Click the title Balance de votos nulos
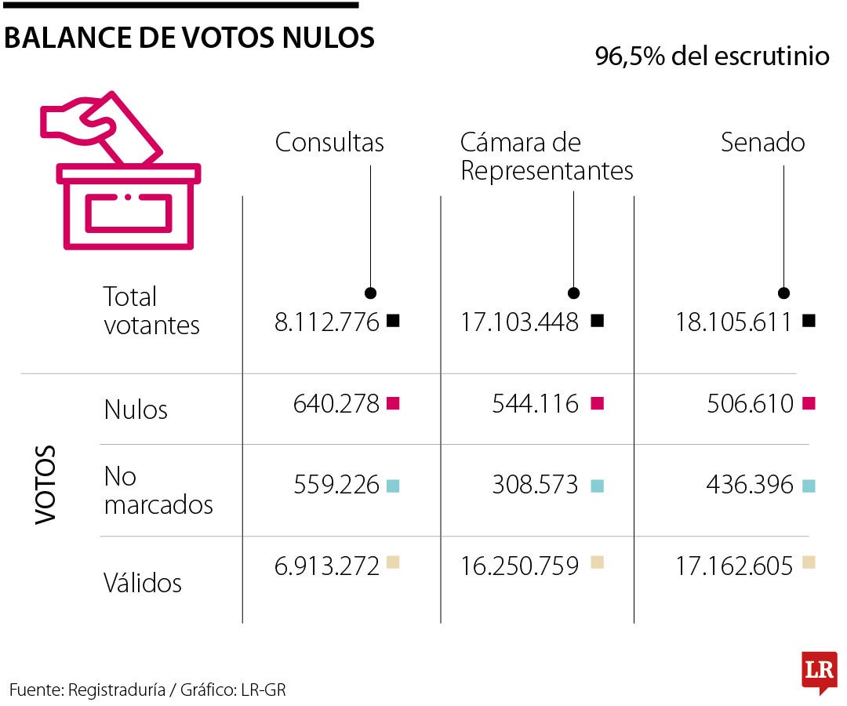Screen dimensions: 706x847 coord(189,37)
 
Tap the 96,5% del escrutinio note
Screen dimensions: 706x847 coord(712,56)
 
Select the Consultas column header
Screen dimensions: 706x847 coord(329,142)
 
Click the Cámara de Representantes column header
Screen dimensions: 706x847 coord(546,157)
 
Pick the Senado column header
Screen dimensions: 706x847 coord(762,142)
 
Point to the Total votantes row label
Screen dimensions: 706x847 coord(151,311)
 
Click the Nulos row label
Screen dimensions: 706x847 coord(136,409)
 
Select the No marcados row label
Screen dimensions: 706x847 coord(158,490)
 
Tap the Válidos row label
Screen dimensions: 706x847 coord(143,583)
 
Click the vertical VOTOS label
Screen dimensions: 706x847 coord(46,484)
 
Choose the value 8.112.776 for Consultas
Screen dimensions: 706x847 coord(326,322)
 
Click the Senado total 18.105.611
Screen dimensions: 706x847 coord(734,322)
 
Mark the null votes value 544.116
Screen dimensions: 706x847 coord(535,404)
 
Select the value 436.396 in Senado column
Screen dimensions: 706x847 coord(750,486)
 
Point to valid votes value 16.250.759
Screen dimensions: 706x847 coord(519,566)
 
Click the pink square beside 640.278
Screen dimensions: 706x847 coord(394,403)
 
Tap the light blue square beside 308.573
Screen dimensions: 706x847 coord(597,486)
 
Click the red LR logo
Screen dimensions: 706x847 coord(819,671)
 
